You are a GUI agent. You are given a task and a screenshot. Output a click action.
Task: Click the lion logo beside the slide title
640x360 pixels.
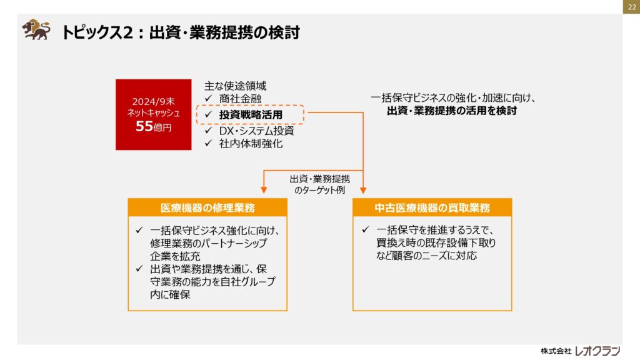36,29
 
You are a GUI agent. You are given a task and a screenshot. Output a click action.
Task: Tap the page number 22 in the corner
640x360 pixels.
631,7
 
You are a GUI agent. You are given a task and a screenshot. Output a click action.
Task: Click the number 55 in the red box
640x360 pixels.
144,126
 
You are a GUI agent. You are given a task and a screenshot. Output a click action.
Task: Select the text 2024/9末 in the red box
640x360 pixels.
154,101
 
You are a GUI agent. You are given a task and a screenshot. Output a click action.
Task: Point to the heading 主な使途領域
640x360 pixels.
235,86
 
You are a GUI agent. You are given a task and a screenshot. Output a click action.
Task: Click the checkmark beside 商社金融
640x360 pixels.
209,98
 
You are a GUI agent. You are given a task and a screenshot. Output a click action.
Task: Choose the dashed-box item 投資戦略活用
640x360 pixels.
251,115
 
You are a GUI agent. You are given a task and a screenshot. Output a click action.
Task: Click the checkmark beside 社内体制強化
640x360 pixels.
209,143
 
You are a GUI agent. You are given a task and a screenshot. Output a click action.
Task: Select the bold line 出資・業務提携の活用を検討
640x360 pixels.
452,111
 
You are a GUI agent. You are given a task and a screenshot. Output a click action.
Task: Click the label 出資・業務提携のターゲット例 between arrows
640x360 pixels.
319,184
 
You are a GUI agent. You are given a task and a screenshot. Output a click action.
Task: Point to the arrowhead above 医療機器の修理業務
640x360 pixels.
264,190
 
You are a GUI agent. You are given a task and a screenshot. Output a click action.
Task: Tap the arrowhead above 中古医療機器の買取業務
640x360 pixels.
363,190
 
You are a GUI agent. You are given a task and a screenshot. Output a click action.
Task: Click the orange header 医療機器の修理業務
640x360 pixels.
207,207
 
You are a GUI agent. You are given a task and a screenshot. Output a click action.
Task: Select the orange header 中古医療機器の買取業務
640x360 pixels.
432,207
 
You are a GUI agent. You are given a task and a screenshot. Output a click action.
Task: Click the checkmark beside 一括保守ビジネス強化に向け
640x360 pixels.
139,230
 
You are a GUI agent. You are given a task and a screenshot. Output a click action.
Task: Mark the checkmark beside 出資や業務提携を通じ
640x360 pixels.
139,269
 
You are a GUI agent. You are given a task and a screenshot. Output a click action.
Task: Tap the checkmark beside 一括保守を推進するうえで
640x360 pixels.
366,230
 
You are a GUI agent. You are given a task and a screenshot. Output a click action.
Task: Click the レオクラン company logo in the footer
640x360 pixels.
597,351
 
